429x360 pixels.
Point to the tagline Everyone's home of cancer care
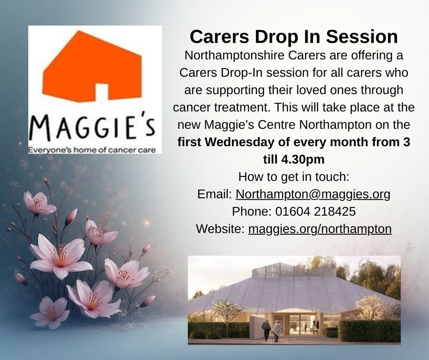(94, 150)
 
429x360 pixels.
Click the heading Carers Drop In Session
(293, 37)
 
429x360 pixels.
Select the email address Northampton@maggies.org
(313, 194)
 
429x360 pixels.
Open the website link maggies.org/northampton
(320, 228)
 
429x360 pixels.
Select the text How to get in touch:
(293, 176)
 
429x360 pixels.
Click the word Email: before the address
(215, 194)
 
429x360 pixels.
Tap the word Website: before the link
(220, 228)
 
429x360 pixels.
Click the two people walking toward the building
(272, 330)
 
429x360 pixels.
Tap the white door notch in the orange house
(102, 92)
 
